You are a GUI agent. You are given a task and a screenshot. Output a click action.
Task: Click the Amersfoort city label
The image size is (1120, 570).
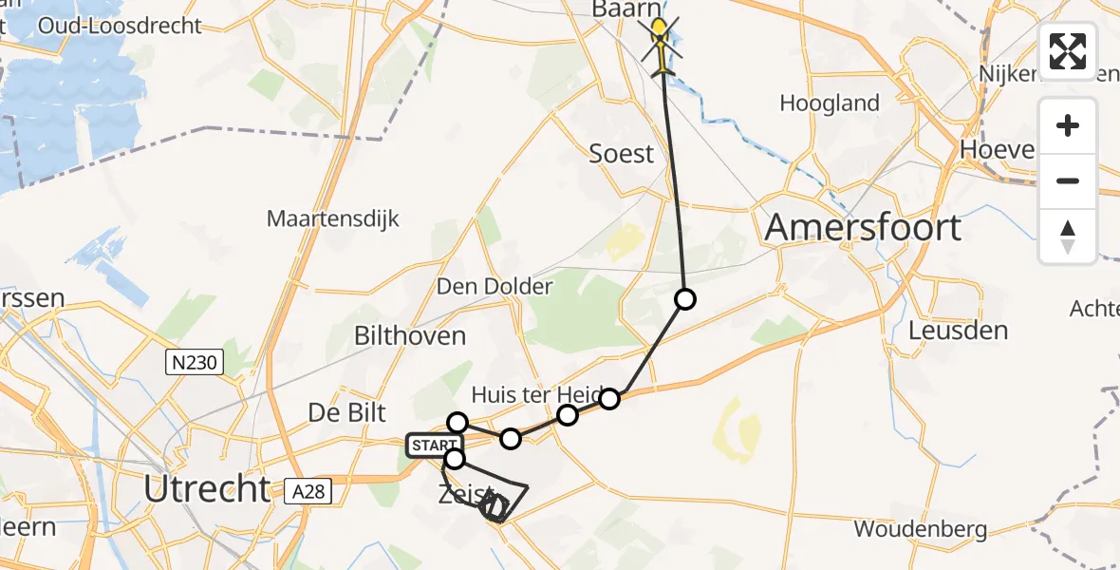863,228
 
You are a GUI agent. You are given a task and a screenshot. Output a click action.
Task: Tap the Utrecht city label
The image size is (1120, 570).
207,489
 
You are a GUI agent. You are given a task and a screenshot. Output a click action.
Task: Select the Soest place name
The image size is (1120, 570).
622,154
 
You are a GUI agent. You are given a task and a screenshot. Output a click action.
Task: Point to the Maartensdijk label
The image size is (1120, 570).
333,219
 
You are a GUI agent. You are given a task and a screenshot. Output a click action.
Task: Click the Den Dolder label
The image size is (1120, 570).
494,286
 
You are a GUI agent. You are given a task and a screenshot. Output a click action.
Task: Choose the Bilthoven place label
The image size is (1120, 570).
410,335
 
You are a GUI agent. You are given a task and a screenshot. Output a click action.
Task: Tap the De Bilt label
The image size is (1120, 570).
347,412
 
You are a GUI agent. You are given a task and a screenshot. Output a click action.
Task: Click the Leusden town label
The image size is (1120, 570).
958,331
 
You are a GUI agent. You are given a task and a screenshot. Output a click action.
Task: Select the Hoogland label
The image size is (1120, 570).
830,103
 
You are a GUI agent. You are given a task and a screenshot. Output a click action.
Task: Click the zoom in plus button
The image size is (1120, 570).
1068,126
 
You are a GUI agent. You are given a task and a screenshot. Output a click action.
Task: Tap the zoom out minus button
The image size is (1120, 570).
1068,180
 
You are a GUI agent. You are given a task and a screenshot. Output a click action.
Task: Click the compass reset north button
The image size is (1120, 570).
1068,236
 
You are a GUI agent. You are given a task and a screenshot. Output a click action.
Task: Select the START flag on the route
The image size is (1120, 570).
433,446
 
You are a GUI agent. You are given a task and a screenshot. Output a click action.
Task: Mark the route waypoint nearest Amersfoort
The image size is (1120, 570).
684,300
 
